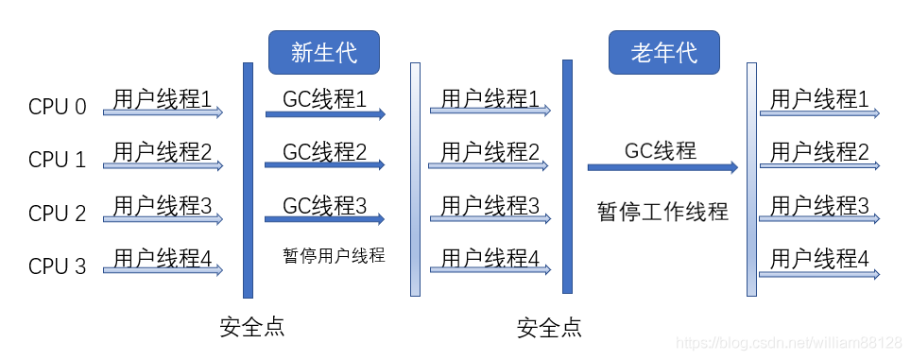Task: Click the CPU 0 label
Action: [x=58, y=107]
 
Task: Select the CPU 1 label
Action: [x=58, y=160]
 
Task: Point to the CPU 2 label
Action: [x=58, y=214]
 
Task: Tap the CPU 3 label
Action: [x=58, y=266]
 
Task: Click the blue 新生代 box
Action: [x=324, y=53]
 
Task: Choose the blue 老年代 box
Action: [x=663, y=53]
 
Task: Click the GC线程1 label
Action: [x=324, y=97]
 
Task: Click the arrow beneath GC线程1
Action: [x=324, y=114]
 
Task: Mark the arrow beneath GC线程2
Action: [x=324, y=165]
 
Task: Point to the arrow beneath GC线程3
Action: [x=324, y=219]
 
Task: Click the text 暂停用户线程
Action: [x=334, y=255]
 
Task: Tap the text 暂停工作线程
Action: [x=662, y=211]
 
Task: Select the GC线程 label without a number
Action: [x=661, y=150]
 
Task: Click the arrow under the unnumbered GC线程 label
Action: [x=662, y=167]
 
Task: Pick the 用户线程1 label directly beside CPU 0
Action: [x=163, y=97]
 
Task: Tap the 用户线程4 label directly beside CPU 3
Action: [x=163, y=257]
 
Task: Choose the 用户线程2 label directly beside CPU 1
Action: [x=163, y=150]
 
